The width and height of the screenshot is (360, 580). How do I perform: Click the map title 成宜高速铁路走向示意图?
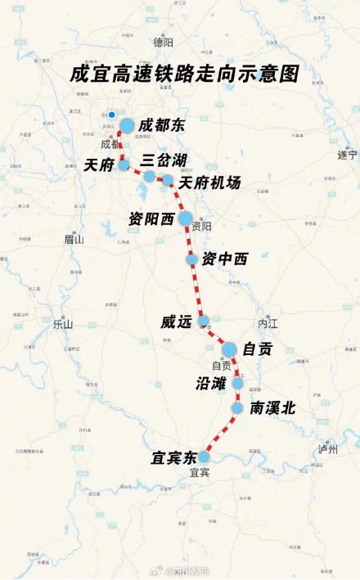[184, 74]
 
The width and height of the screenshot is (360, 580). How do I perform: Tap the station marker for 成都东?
[127, 125]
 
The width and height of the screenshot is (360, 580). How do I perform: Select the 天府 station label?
[98, 164]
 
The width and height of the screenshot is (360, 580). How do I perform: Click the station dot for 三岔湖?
[149, 176]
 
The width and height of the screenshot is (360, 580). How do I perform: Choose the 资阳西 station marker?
[185, 218]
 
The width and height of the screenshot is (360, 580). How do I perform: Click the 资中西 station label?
[225, 258]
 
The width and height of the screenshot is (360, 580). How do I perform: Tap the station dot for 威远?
[204, 321]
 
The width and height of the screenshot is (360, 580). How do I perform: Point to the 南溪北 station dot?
[237, 407]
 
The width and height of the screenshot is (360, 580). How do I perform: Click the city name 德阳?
[164, 43]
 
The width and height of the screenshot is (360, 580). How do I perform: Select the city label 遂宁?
[348, 155]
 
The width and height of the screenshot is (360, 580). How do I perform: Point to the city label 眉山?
[74, 240]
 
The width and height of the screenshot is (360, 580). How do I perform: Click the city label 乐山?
[63, 324]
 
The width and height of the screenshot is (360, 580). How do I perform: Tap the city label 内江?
[268, 324]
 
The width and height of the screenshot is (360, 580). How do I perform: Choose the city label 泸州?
[328, 450]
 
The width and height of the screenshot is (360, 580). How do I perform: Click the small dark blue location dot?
[111, 115]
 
